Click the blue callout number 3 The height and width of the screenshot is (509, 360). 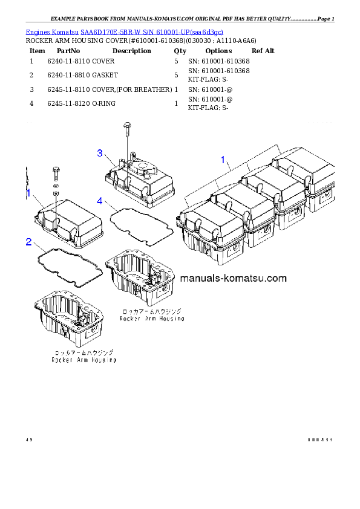[x=100, y=153]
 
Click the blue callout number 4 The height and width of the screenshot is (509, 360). [x=100, y=200]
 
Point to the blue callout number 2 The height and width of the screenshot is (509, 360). [x=28, y=242]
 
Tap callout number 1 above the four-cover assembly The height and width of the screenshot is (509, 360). [x=223, y=160]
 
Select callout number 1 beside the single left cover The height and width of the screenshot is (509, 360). [x=28, y=193]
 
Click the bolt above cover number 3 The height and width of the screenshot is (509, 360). [x=126, y=129]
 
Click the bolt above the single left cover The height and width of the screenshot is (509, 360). [x=55, y=172]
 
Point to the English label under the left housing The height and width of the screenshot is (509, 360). [x=84, y=360]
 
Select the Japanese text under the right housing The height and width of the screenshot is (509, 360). [x=152, y=311]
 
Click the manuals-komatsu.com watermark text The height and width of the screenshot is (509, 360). [x=233, y=279]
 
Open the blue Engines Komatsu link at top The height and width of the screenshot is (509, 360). [x=125, y=31]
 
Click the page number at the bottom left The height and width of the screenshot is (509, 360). [x=28, y=439]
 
